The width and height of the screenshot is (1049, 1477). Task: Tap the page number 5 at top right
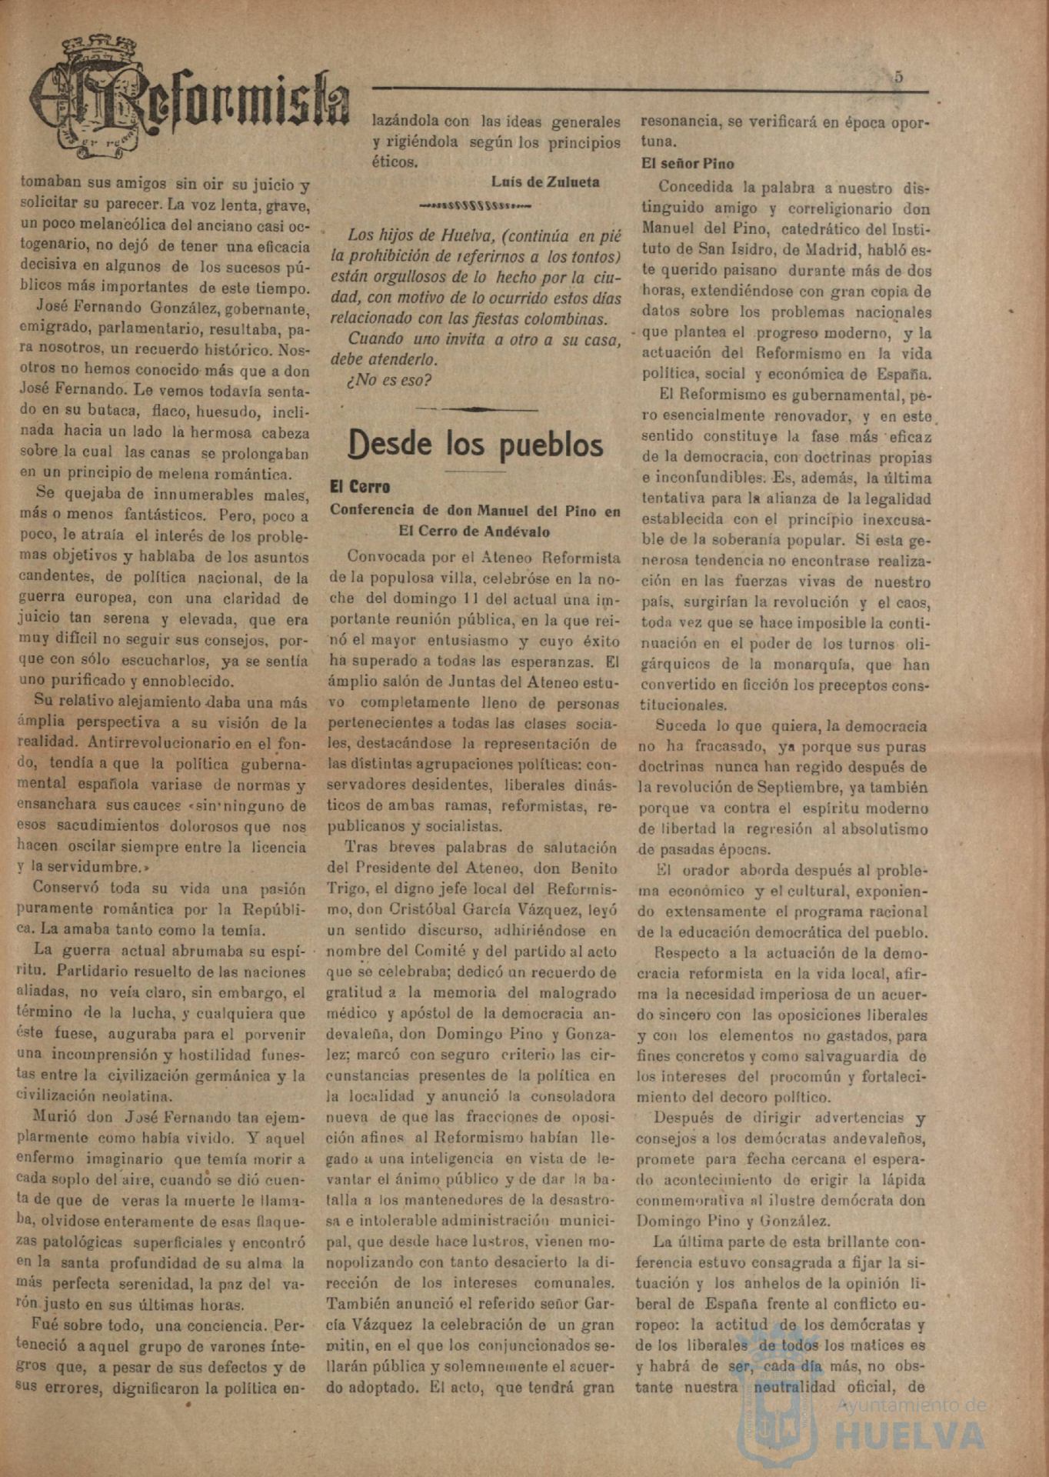coord(898,77)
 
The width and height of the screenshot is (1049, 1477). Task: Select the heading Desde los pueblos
coord(475,445)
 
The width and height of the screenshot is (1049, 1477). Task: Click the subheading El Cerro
coord(360,487)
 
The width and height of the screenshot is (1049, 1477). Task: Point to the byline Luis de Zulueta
coord(545,182)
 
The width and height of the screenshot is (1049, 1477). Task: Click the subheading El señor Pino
coord(688,163)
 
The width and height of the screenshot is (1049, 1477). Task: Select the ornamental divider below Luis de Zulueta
coord(475,205)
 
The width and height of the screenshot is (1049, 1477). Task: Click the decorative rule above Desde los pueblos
coord(476,409)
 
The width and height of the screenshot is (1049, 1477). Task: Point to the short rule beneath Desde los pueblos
coord(475,471)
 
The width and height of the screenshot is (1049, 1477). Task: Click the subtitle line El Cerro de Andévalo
coord(474,531)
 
